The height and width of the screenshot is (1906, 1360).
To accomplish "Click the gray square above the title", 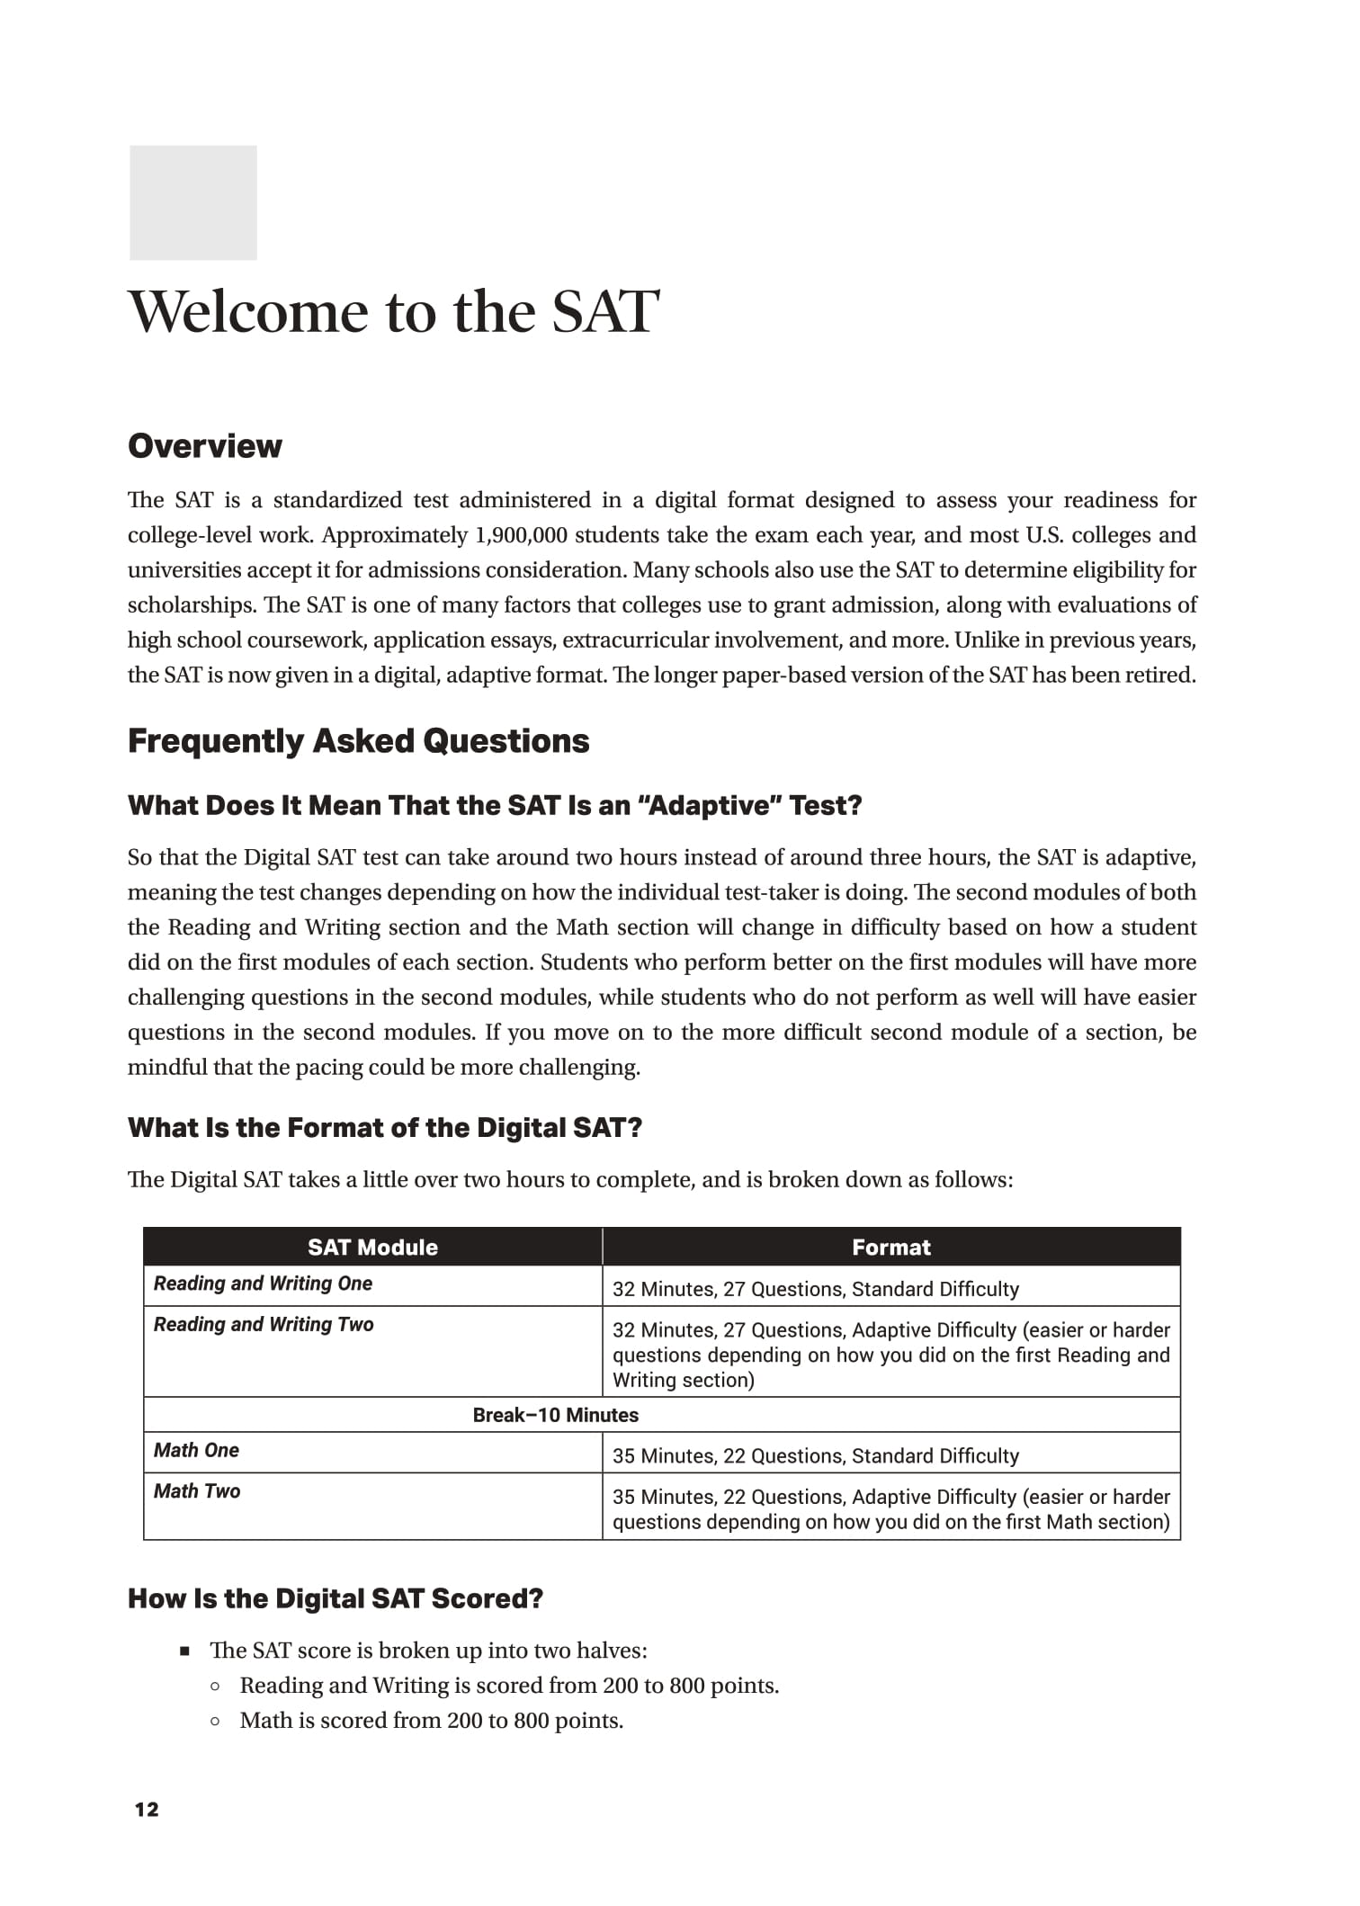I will [x=192, y=202].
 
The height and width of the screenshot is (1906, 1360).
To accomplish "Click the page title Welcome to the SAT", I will [x=393, y=312].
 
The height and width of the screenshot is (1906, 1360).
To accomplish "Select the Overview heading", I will [x=204, y=446].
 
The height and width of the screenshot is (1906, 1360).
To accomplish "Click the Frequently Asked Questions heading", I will [x=358, y=741].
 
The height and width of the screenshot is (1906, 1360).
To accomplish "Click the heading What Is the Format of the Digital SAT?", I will [x=385, y=1128].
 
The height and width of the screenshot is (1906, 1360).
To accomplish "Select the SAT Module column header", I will [x=372, y=1247].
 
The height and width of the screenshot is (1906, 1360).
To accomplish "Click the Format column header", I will [x=890, y=1247].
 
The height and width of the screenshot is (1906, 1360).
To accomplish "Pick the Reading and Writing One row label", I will [x=263, y=1284].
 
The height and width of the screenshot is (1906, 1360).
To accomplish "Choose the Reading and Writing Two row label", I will [x=263, y=1324].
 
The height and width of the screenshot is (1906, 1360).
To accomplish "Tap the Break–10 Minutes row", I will [x=555, y=1415].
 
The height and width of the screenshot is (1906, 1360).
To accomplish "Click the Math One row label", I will [x=196, y=1450].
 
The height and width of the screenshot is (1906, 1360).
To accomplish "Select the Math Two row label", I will [x=197, y=1491].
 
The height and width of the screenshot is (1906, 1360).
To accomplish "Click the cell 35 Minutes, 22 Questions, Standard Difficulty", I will [x=815, y=1456].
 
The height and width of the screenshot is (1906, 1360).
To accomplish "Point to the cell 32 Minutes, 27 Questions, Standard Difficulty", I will [x=815, y=1289].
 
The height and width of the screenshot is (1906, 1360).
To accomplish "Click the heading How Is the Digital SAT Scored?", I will [x=336, y=1598].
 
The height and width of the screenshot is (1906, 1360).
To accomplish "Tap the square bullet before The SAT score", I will [x=185, y=1651].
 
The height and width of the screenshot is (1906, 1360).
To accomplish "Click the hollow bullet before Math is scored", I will [x=215, y=1722].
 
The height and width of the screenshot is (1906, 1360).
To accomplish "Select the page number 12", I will [x=146, y=1810].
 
